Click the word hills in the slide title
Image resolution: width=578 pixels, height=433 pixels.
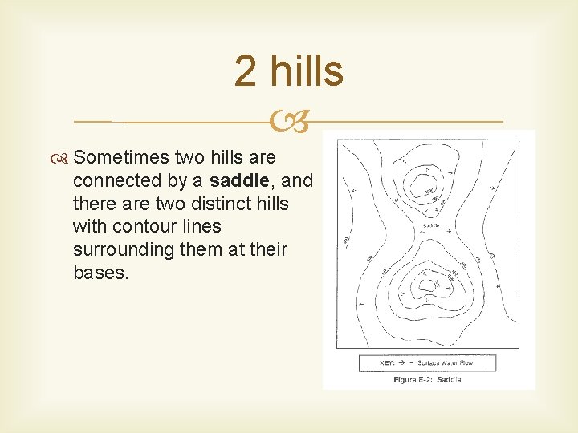tap(306, 71)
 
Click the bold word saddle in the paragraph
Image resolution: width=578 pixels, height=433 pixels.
tap(238, 181)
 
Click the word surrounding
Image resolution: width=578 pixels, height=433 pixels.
tap(123, 249)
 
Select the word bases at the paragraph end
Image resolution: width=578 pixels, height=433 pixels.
tap(98, 273)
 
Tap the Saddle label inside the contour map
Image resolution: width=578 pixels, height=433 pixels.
tap(431, 226)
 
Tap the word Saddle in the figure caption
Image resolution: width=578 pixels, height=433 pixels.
tap(450, 379)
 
